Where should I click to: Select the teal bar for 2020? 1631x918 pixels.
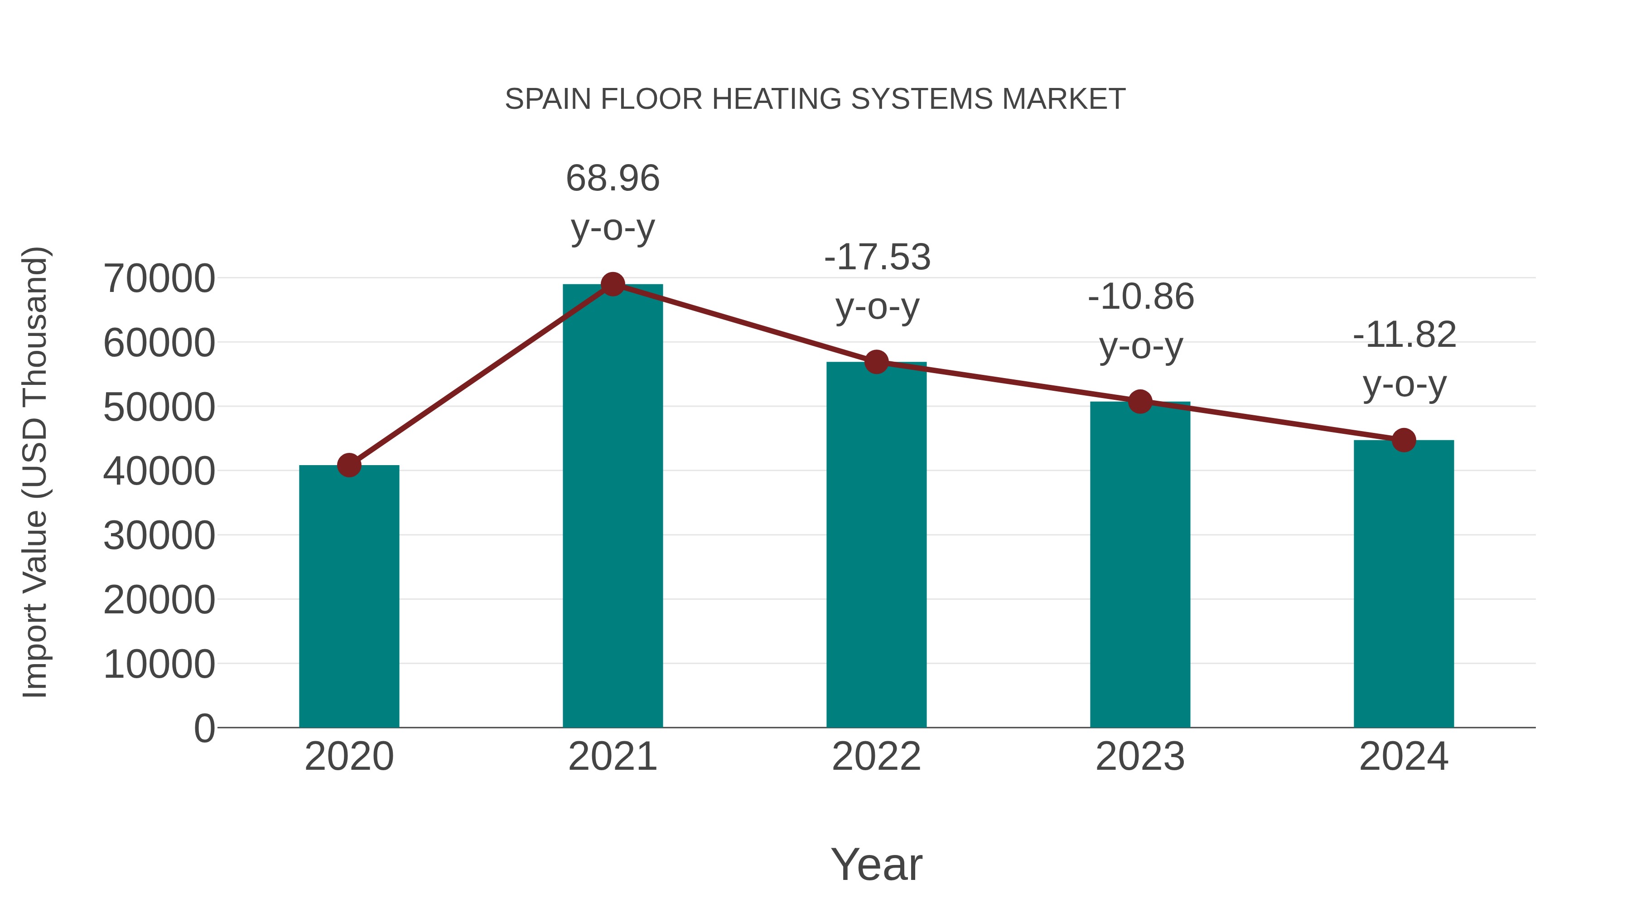349,596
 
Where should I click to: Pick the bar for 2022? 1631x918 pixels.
876,545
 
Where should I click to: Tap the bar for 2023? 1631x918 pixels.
1140,564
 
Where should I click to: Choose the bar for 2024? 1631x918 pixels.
1404,583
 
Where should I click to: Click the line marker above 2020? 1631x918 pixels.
349,465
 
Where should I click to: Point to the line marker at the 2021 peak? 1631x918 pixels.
612,284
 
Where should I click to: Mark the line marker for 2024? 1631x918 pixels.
1404,440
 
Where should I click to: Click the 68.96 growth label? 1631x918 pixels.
612,179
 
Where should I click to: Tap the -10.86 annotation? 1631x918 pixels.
1140,297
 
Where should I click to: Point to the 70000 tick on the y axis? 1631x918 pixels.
159,279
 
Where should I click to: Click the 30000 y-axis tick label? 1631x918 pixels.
159,536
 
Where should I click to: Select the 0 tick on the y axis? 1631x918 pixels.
204,729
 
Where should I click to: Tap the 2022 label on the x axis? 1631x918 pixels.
876,757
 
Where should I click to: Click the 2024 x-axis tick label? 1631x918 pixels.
1404,757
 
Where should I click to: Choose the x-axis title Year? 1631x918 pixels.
876,865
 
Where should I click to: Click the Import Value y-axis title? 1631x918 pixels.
35,472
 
